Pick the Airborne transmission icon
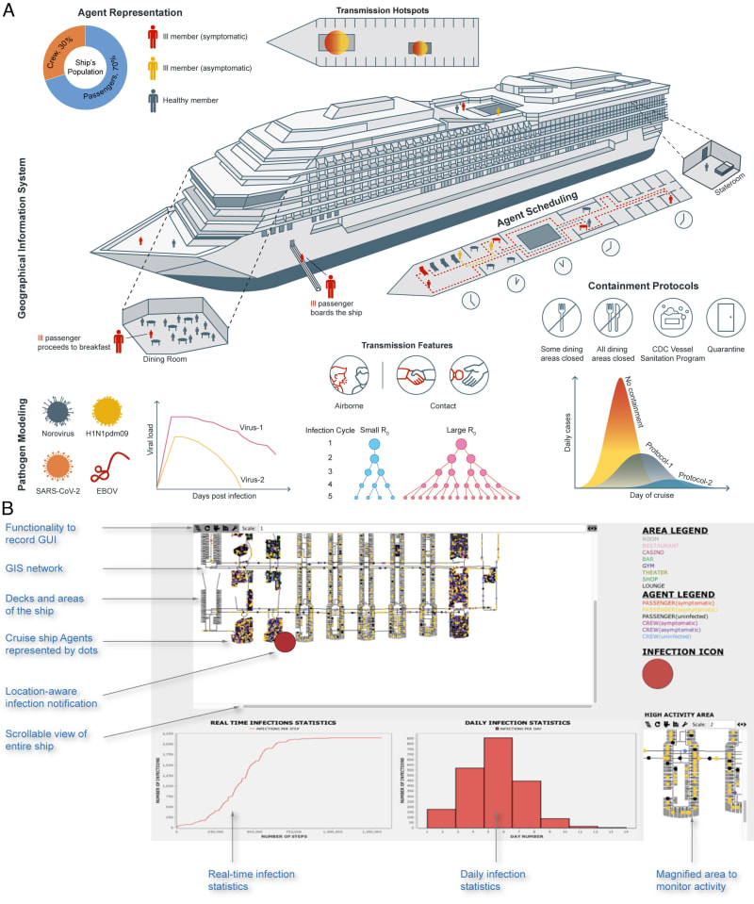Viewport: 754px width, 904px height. [x=351, y=374]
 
